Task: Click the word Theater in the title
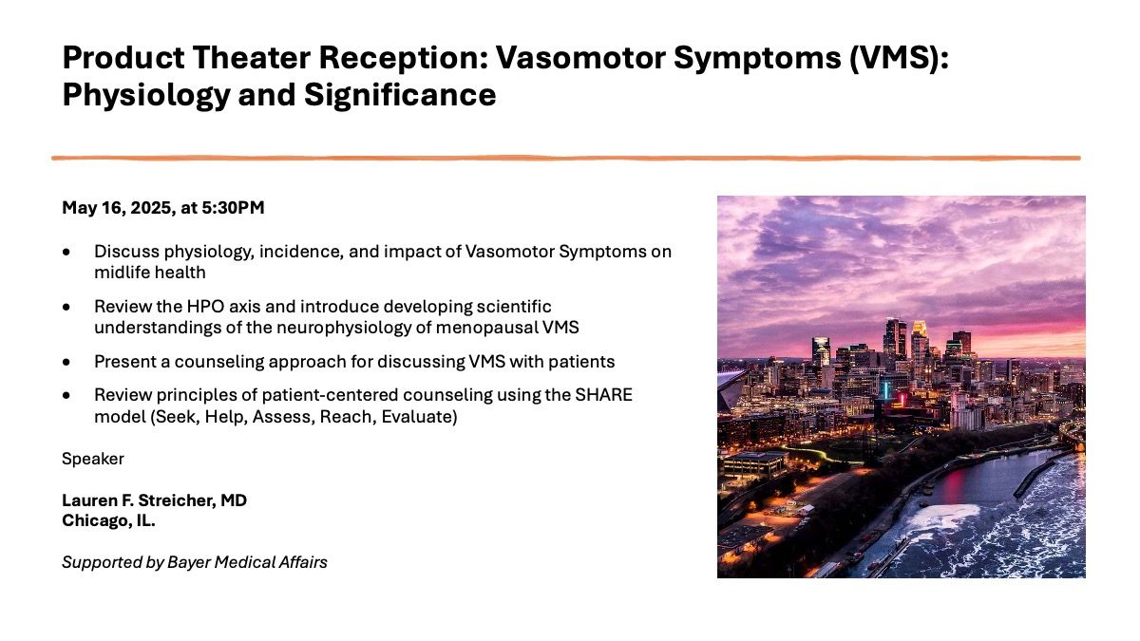252,58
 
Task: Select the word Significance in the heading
400,95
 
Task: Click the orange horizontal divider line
566,159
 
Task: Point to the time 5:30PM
233,208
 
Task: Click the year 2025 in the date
150,208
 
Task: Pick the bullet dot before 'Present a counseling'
66,362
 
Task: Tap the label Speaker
93,460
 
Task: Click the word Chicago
97,521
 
